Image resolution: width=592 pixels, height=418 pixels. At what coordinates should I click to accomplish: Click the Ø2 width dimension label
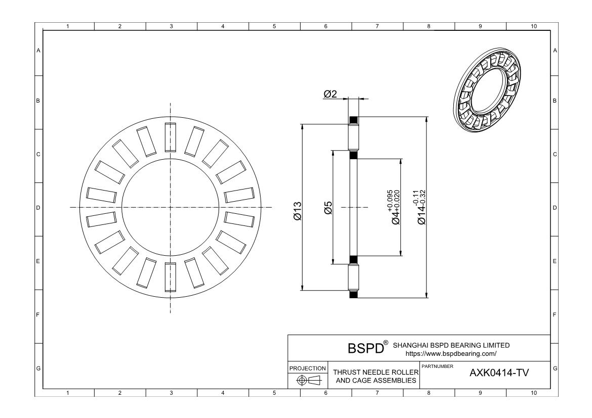coord(330,94)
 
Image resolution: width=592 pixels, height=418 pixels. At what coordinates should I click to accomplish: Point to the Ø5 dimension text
coord(328,208)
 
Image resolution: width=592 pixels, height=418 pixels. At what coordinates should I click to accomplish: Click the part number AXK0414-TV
coord(499,373)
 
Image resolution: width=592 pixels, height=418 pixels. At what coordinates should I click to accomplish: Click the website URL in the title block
coord(451,354)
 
